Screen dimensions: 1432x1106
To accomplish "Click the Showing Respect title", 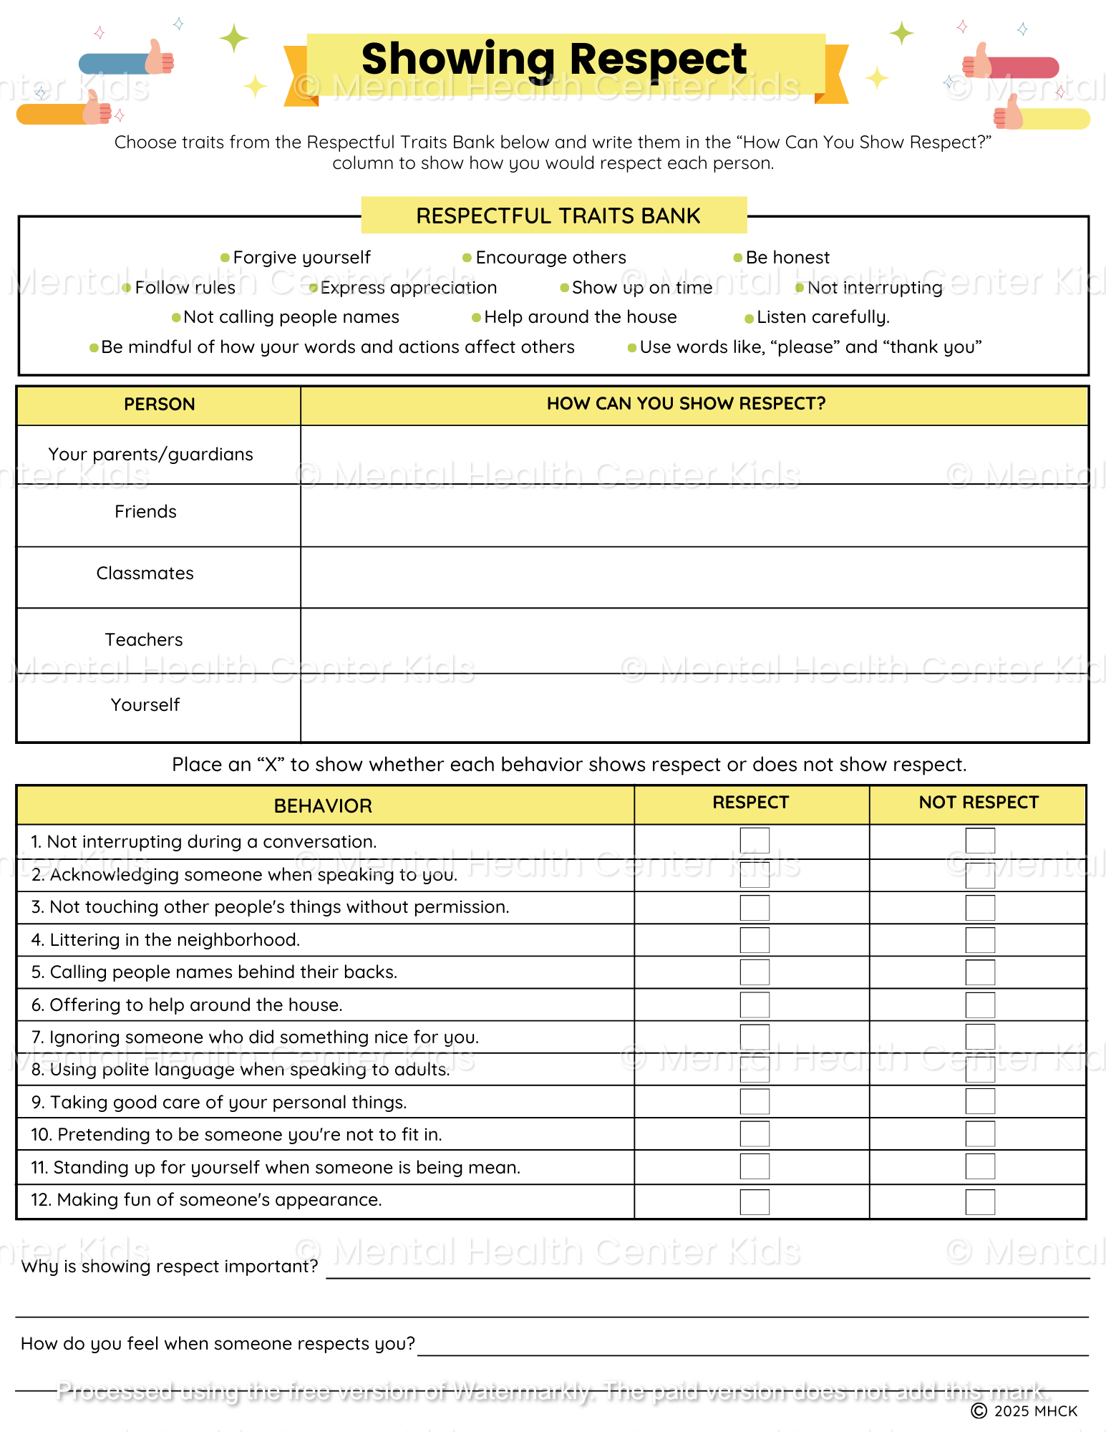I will coord(554,59).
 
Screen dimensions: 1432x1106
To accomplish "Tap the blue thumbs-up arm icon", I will coord(125,62).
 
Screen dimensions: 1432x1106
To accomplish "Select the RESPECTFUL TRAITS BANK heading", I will coord(558,216).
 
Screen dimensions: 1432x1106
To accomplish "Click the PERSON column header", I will coord(159,405).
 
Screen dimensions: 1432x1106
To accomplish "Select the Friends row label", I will coord(145,512).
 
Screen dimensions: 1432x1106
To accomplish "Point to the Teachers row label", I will coord(144,640).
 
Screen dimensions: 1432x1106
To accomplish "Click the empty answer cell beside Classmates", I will coord(693,577).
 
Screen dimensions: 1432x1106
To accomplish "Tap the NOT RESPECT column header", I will coord(978,803).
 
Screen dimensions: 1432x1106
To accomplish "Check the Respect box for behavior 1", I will coord(755,841).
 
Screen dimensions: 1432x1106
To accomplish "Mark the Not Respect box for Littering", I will coord(980,940).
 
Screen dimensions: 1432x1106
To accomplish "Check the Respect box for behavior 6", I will coord(755,1005).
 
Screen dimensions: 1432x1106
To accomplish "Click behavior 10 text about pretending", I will coord(236,1135).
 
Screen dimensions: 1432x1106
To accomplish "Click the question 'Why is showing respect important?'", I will coord(170,1267).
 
